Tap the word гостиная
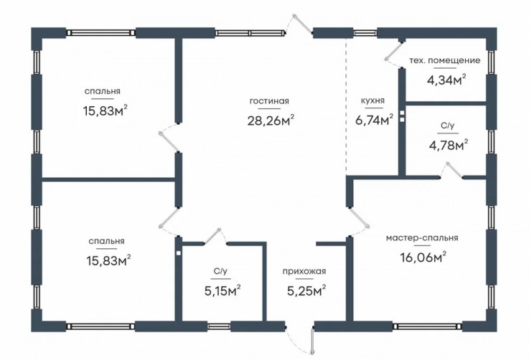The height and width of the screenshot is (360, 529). pos(269,101)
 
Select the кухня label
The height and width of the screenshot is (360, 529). pos(373,100)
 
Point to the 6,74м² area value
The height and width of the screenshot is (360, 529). pos(375,120)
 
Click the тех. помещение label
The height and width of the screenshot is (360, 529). pos(444,61)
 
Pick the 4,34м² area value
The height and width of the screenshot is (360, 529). pos(446,80)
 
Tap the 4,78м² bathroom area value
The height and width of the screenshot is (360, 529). pos(449,146)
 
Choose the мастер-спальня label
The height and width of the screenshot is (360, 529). pos(422,238)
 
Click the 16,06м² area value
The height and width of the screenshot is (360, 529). pos(423,257)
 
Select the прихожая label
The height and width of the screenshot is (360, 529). pos(304,271)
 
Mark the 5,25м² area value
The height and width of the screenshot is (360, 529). pos(306,290)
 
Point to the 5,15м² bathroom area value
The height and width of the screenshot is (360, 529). pos(223,290)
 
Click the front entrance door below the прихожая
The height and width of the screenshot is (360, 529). pos(312,341)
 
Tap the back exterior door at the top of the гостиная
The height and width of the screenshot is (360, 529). pos(303,24)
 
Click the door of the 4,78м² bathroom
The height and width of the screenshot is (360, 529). pos(452,169)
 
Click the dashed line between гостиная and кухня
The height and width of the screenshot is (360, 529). pos(346,105)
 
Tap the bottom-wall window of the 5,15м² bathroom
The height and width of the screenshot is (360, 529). pos(219,326)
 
